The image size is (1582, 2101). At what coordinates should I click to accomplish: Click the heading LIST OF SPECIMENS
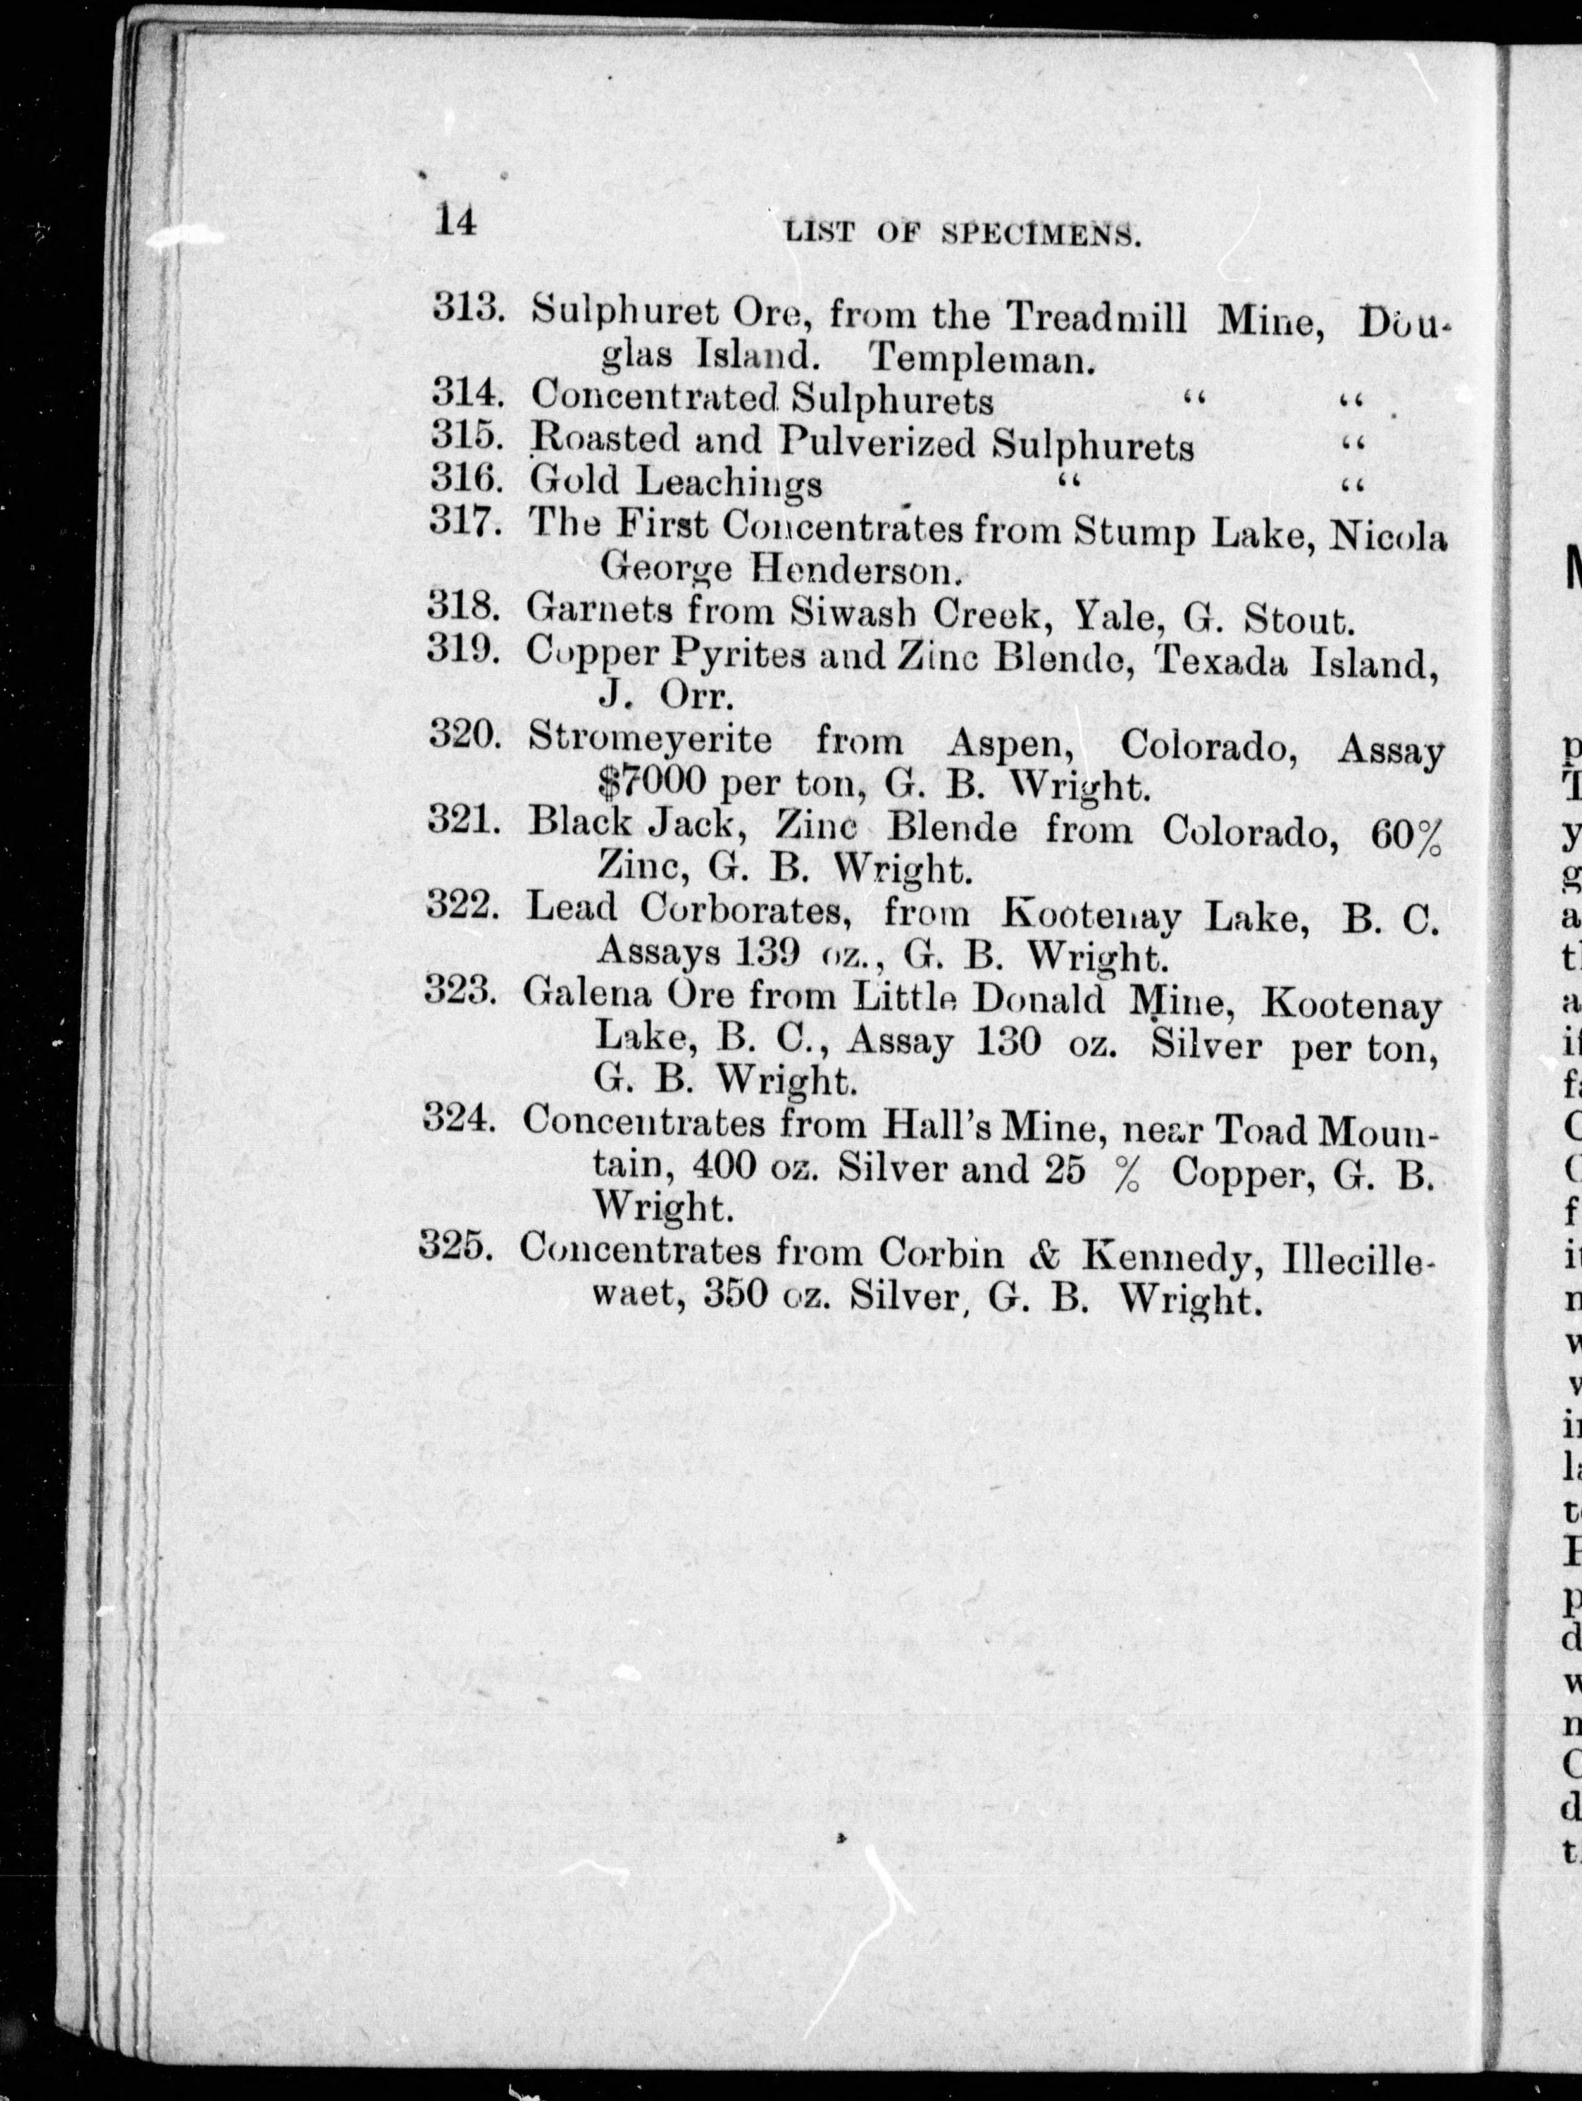coord(963,233)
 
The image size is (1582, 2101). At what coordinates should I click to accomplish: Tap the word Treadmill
coord(1096,316)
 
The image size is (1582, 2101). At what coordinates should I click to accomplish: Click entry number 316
coord(464,478)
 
